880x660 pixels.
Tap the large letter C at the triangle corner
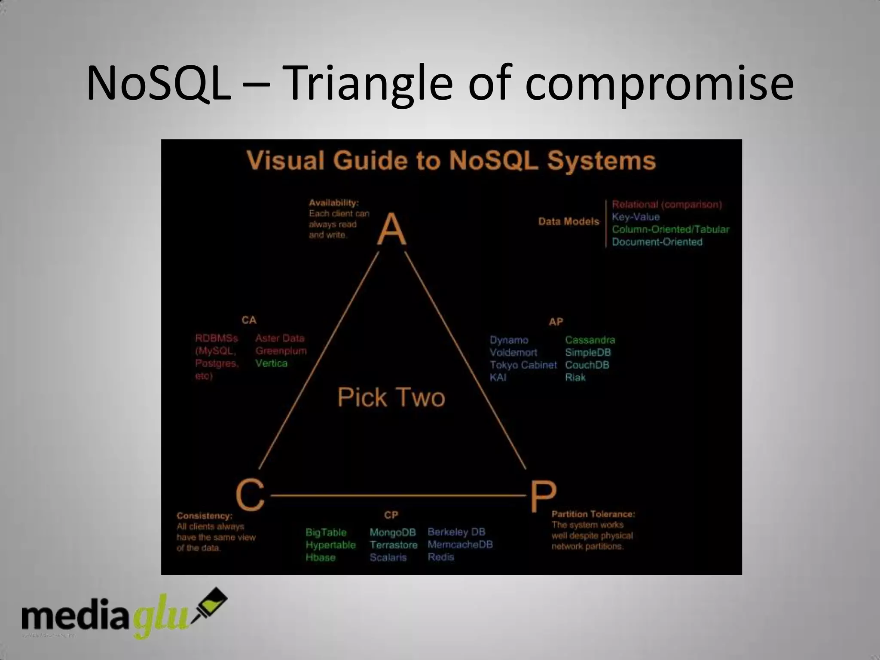250,495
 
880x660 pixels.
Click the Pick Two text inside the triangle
391,397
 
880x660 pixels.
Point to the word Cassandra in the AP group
590,340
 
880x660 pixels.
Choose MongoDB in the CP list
393,532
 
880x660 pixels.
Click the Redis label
440,557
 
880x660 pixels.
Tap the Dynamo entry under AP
509,340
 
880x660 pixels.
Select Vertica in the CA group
271,364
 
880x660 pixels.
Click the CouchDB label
587,365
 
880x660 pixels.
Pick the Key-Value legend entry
636,217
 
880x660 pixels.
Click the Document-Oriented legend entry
657,242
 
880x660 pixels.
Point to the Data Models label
568,222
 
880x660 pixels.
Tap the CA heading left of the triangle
249,320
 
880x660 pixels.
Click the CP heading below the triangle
391,515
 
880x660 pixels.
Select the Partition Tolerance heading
593,514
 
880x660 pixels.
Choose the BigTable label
326,532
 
